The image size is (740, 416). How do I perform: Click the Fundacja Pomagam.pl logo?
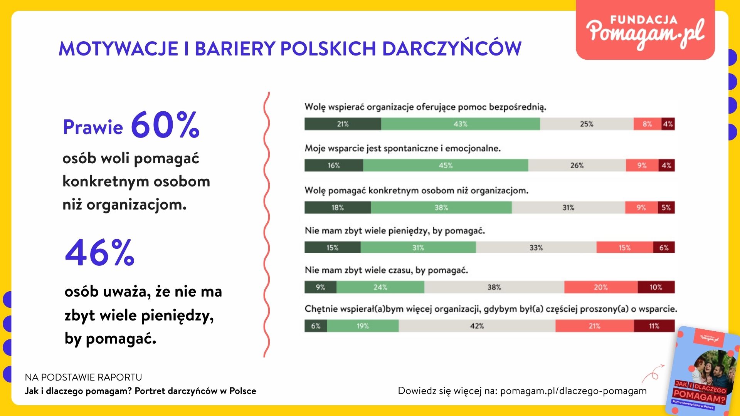pos(645,30)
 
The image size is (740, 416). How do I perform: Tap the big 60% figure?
pos(165,125)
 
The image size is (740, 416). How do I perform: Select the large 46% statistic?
pos(100,252)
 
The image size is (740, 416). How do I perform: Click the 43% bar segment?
pos(461,124)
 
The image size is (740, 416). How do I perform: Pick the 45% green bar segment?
pos(446,165)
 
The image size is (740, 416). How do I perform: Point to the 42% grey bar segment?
pos(477,326)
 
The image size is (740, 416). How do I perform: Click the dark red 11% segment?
pos(654,326)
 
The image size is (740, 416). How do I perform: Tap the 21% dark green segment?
pos(343,124)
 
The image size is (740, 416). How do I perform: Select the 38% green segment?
pos(441,208)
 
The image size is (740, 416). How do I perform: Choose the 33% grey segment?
pos(536,247)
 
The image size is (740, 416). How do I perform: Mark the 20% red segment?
pos(601,287)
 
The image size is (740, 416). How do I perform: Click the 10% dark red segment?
pos(656,287)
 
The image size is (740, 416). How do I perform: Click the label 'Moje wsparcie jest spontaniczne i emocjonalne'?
pos(403,148)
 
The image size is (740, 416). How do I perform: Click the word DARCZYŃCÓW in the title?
pos(452,48)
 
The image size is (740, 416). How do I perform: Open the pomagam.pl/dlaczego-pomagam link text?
pos(573,391)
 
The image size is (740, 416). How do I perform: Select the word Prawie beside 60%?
pos(93,127)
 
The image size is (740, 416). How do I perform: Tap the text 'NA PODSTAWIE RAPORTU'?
pos(83,377)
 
